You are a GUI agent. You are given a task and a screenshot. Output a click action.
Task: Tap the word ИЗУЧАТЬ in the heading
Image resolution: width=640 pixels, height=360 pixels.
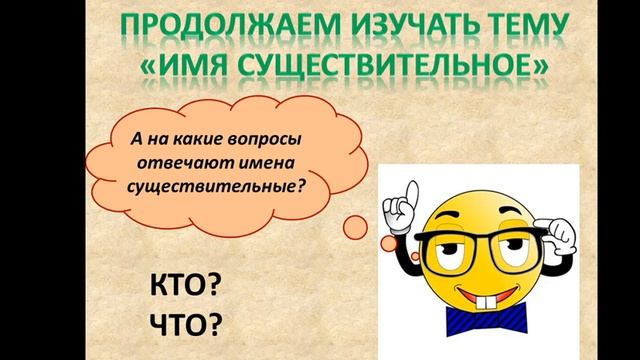tap(354, 27)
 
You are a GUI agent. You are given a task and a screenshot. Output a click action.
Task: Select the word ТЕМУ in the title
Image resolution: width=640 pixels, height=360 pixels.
tap(480, 27)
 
